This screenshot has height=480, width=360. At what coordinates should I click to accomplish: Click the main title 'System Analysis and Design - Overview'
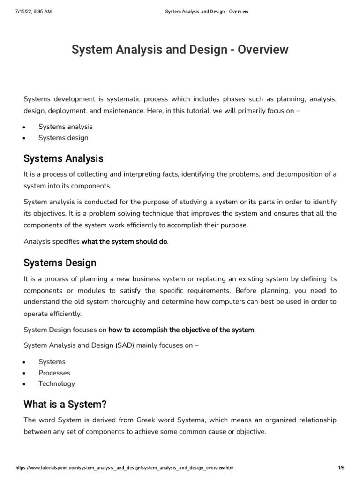[180, 50]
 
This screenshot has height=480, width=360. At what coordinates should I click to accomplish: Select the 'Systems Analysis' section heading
[63, 158]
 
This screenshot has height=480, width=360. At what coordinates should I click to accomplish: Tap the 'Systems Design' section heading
[60, 262]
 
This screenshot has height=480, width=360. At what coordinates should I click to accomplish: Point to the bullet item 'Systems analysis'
[66, 127]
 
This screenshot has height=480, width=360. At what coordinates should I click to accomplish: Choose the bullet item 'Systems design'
[63, 138]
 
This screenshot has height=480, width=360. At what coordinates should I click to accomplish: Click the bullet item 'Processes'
[54, 373]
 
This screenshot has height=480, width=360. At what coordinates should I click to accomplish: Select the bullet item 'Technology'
[57, 383]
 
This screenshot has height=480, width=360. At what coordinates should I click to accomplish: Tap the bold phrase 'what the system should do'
[124, 242]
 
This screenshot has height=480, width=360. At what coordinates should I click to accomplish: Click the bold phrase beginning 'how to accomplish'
[181, 330]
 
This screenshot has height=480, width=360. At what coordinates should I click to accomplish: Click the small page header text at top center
[207, 12]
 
